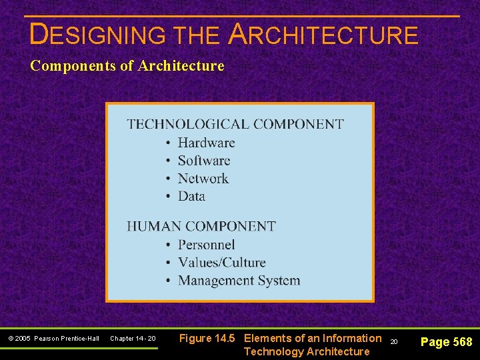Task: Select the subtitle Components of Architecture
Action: click(127, 66)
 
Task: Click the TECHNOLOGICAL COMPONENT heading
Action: click(235, 124)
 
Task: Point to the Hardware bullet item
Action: click(206, 143)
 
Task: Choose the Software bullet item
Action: click(203, 161)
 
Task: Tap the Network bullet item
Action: click(203, 179)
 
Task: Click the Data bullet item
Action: click(191, 196)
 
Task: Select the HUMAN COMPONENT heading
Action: click(201, 227)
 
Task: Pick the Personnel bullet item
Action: click(206, 245)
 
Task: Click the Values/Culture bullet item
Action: click(221, 263)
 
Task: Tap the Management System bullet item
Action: click(239, 281)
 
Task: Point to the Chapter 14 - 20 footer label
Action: click(133, 339)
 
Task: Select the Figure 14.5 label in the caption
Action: click(207, 338)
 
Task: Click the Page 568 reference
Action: click(446, 342)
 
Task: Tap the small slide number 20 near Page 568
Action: click(393, 341)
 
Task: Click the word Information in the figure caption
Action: click(352, 338)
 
